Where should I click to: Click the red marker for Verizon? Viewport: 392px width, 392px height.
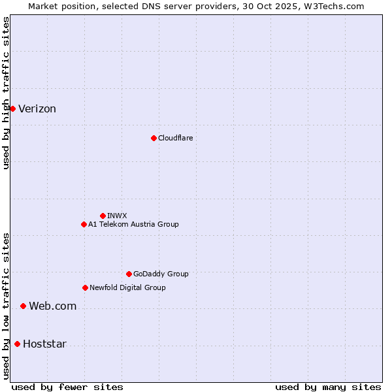[x=12, y=108]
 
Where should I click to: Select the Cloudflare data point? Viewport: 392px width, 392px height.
[x=154, y=138]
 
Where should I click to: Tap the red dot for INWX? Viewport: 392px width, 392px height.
[x=103, y=216]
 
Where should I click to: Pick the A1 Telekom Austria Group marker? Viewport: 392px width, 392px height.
[x=84, y=224]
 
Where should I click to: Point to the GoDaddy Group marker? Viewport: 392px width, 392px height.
[x=129, y=274]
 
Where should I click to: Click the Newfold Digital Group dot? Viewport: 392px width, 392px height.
[x=85, y=287]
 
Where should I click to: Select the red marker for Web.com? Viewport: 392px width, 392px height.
[x=23, y=306]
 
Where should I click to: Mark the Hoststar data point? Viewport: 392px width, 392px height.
[x=17, y=344]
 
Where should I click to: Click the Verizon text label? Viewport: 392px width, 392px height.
[x=37, y=109]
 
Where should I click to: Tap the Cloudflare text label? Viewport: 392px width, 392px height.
[x=175, y=138]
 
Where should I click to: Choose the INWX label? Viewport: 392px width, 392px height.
[x=117, y=216]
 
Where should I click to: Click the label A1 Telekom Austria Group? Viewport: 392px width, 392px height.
[x=133, y=224]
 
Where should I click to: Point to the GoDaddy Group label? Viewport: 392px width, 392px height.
[x=161, y=274]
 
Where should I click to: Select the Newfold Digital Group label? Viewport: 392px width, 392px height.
[x=127, y=287]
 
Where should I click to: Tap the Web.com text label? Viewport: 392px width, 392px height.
[x=52, y=306]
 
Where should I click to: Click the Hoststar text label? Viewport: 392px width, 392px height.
[x=44, y=344]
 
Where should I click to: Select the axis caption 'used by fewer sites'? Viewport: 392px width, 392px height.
[x=67, y=387]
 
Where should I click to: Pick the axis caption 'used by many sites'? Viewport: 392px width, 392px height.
[x=328, y=387]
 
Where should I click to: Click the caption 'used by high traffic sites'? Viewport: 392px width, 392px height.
[x=6, y=93]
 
